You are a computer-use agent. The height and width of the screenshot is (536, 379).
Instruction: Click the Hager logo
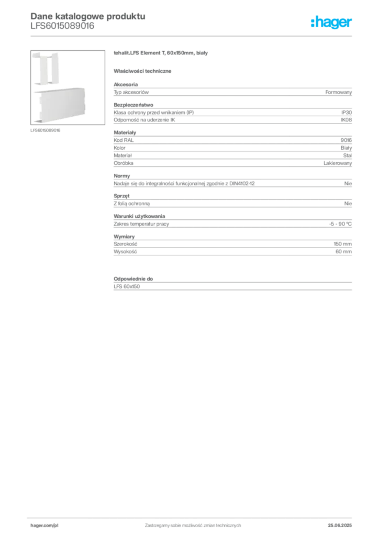pyautogui.click(x=331, y=23)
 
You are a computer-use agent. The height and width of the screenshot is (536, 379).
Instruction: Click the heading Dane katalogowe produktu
pyautogui.click(x=88, y=16)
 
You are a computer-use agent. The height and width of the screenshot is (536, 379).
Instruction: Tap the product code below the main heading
pyautogui.click(x=62, y=26)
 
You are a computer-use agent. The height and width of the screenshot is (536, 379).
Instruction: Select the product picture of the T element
pyautogui.click(x=68, y=87)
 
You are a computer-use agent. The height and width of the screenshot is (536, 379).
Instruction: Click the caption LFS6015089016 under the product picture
pyautogui.click(x=45, y=130)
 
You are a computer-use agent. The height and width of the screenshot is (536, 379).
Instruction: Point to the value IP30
pyautogui.click(x=347, y=113)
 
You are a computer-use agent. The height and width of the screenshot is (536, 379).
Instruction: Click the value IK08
pyautogui.click(x=346, y=120)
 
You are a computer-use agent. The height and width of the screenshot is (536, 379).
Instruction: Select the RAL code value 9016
pyautogui.click(x=346, y=140)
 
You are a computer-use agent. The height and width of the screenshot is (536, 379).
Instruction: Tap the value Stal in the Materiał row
pyautogui.click(x=348, y=155)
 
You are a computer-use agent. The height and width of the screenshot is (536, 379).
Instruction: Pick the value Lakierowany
pyautogui.click(x=338, y=163)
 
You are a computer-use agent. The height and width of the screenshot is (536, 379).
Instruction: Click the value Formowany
pyautogui.click(x=339, y=92)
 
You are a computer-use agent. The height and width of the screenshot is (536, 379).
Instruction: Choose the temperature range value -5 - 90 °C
pyautogui.click(x=340, y=224)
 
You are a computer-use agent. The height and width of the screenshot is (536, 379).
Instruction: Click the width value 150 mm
pyautogui.click(x=343, y=244)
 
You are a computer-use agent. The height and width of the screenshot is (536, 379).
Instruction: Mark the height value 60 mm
pyautogui.click(x=343, y=252)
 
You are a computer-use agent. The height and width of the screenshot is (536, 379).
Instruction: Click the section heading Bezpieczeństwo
pyautogui.click(x=133, y=105)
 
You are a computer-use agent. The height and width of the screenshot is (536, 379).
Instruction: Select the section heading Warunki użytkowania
pyautogui.click(x=139, y=216)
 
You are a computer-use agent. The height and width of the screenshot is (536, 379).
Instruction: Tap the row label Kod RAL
pyautogui.click(x=124, y=140)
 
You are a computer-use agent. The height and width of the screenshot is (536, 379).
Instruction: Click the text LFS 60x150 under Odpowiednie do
pyautogui.click(x=127, y=286)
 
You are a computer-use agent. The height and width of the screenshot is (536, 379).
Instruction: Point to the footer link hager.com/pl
pyautogui.click(x=44, y=526)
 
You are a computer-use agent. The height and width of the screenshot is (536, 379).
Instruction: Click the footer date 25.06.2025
pyautogui.click(x=340, y=526)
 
